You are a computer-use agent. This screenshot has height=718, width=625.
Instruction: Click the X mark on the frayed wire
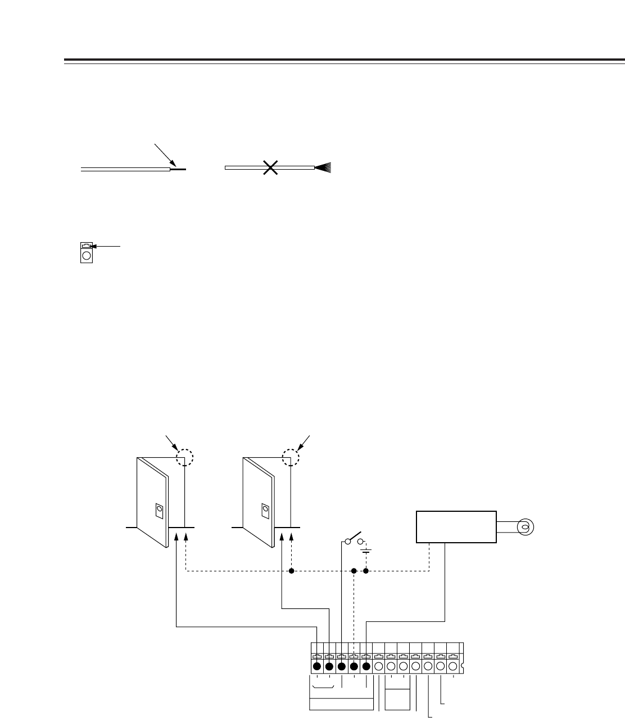pos(270,167)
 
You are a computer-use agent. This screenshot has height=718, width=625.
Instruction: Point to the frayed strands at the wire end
pos(324,167)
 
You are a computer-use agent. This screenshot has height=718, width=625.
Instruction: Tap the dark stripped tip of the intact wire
pos(178,168)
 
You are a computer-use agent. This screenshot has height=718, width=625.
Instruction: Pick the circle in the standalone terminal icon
pos(86,256)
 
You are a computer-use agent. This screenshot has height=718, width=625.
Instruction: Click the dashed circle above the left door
pos(184,457)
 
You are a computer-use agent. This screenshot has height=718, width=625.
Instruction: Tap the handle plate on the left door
pos(160,510)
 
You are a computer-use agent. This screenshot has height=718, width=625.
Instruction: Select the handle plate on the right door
pos(265,510)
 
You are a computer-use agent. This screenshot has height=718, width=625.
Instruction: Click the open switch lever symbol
pos(355,537)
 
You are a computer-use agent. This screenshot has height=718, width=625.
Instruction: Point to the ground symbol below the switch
pos(366,551)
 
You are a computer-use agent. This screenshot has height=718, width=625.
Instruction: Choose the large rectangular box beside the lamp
pos(456,526)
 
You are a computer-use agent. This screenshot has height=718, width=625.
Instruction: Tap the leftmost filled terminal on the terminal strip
pos(316,667)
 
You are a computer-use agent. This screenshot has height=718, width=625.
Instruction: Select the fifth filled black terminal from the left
pos(366,667)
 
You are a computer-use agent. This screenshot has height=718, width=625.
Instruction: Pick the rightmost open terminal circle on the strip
pos(453,667)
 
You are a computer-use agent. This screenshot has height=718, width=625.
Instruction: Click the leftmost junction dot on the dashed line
pos(291,571)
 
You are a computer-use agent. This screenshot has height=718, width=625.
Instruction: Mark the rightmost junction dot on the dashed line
pos(366,571)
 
